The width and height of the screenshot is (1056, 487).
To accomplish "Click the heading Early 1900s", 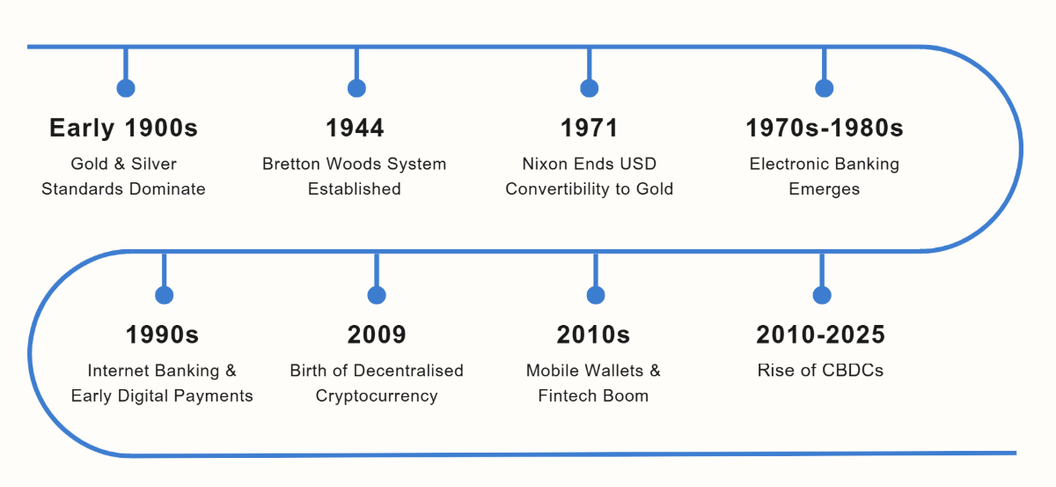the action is click(123, 128).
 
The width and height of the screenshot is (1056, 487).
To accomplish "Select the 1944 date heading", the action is click(355, 128).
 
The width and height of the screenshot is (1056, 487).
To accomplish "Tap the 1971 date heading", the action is click(590, 128).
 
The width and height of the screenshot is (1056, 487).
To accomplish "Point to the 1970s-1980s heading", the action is click(825, 128).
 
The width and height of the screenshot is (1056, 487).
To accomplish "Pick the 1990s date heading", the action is click(162, 335).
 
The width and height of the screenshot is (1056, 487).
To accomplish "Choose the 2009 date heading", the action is click(377, 335).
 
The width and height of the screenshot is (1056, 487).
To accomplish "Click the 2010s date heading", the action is click(593, 335).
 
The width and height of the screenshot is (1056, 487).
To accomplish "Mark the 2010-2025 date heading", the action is click(821, 335).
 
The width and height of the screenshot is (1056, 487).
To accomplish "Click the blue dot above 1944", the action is click(357, 88).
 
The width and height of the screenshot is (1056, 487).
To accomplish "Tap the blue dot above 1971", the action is click(590, 88).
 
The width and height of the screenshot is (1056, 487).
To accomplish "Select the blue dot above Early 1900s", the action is click(126, 88).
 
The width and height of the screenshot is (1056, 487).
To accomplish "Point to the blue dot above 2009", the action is click(377, 295).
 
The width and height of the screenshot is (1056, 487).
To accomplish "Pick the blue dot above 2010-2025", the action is click(822, 295).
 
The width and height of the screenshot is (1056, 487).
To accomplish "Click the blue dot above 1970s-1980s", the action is click(824, 88).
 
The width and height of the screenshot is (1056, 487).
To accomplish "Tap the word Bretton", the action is click(292, 164).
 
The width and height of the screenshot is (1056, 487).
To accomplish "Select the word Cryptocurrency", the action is click(377, 396).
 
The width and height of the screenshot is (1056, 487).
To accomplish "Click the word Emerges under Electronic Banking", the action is click(824, 189).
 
